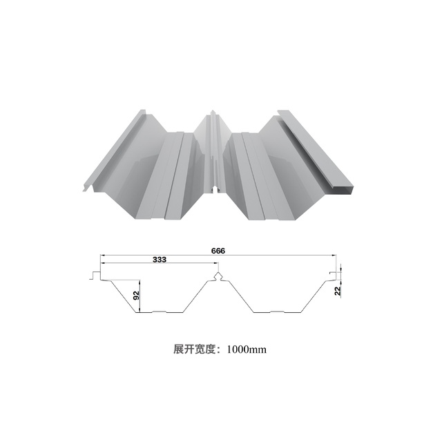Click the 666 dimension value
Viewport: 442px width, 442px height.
click(x=220, y=251)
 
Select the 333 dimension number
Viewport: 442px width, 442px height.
click(x=158, y=260)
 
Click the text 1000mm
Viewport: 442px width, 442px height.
click(x=247, y=349)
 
